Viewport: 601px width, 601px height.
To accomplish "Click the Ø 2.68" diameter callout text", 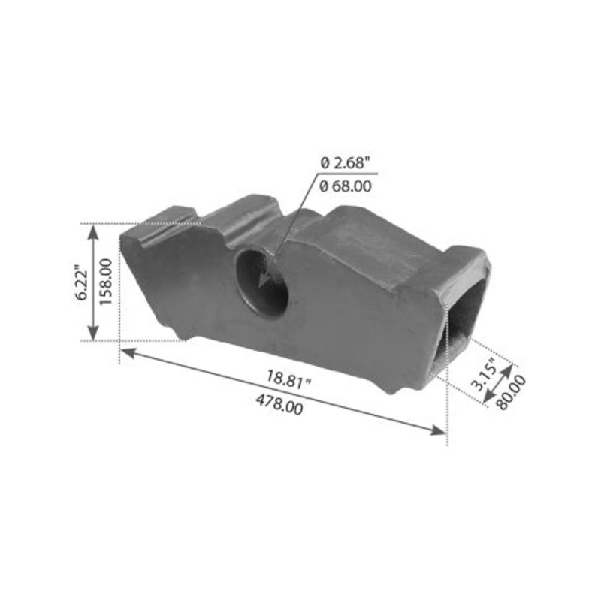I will click(346, 162).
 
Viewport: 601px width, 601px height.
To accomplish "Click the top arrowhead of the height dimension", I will click(93, 230).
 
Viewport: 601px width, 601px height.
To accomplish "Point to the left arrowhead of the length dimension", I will click(127, 352).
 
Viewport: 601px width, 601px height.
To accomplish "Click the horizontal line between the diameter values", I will click(346, 174).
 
